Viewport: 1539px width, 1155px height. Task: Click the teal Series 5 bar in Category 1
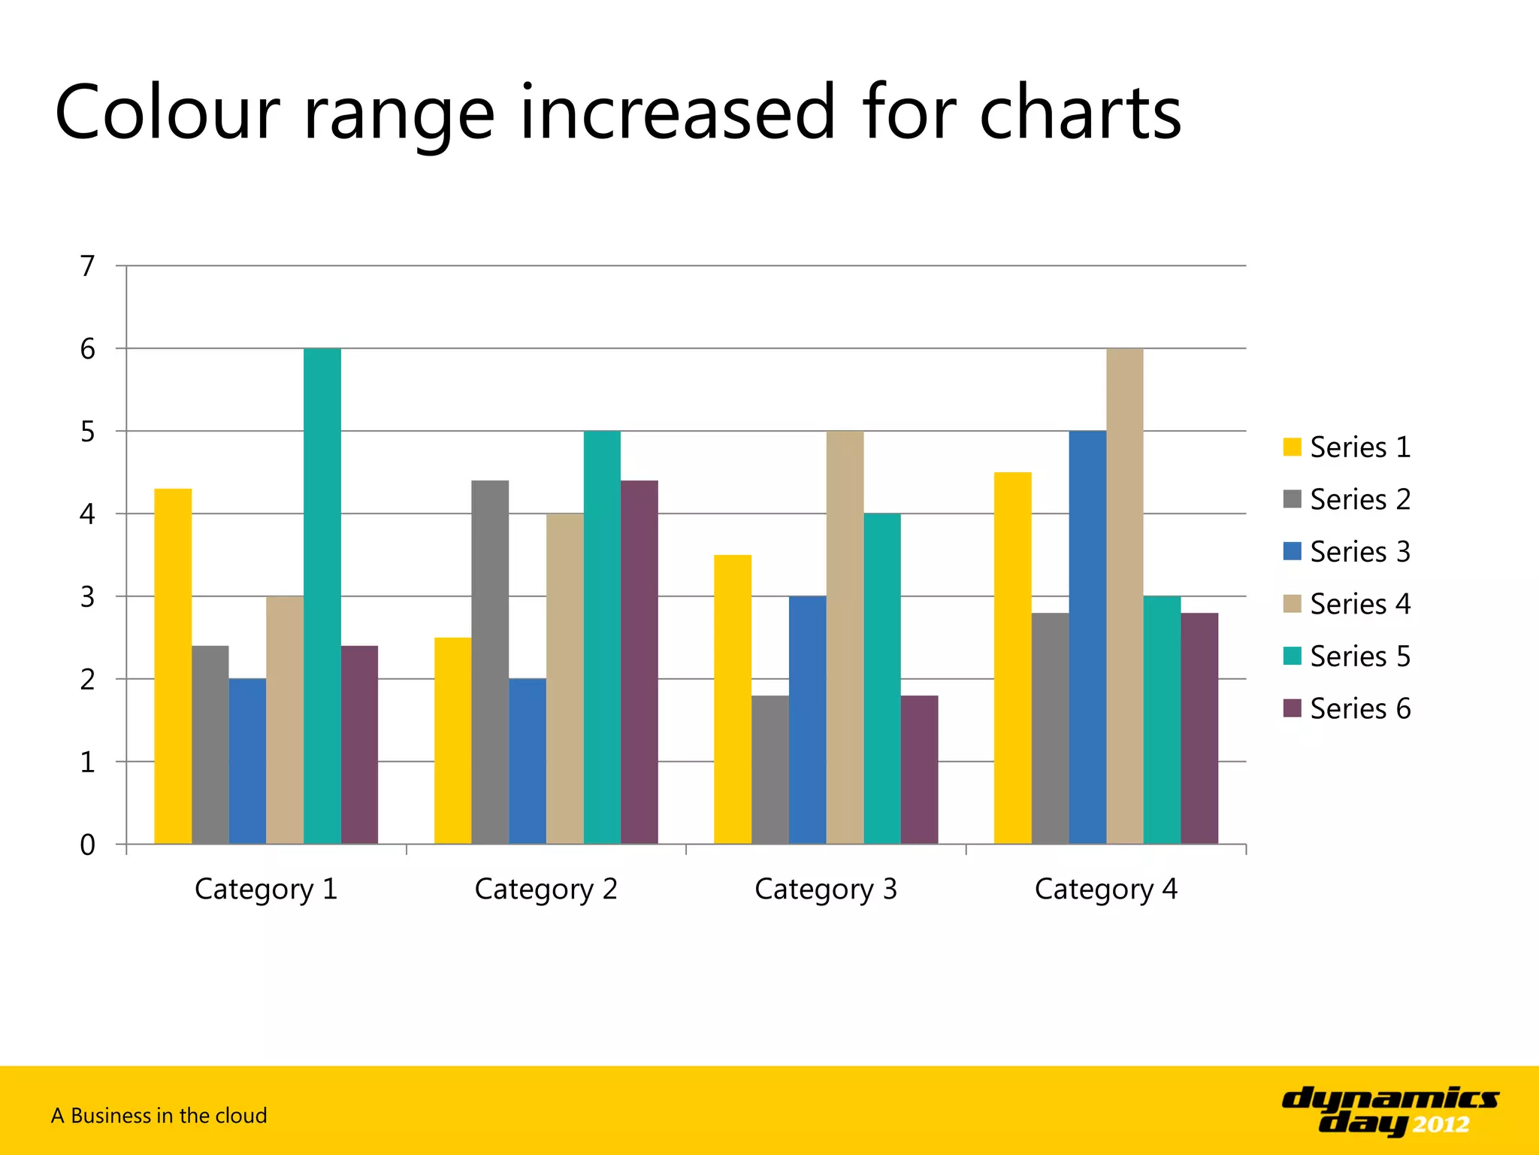coord(322,596)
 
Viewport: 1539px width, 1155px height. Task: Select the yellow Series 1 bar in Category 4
coord(1012,658)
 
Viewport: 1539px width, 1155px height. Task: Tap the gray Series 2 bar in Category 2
coord(490,662)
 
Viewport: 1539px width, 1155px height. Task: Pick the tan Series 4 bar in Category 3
coord(845,637)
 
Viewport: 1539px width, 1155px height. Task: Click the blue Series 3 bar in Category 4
coord(1087,637)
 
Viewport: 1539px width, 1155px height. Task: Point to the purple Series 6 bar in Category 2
coord(639,662)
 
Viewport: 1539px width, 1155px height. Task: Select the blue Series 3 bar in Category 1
coord(247,761)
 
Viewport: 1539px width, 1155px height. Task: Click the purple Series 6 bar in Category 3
coord(919,769)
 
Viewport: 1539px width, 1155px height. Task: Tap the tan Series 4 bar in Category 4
coord(1124,596)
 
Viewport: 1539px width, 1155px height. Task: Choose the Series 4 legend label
coord(1359,604)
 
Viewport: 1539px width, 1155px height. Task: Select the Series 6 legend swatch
coord(1292,708)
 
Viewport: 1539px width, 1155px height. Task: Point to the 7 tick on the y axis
coord(88,266)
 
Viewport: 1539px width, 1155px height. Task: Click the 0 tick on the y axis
coord(88,845)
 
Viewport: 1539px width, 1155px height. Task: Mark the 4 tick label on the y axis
coord(88,514)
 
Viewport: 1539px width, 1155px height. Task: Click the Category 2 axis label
coord(546,890)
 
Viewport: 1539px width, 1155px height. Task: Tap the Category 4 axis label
coord(1105,890)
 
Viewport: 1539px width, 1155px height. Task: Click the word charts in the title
coord(1080,113)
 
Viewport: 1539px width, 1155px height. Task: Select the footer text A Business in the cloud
coord(159,1115)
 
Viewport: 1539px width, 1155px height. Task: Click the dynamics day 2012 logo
coord(1389,1110)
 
